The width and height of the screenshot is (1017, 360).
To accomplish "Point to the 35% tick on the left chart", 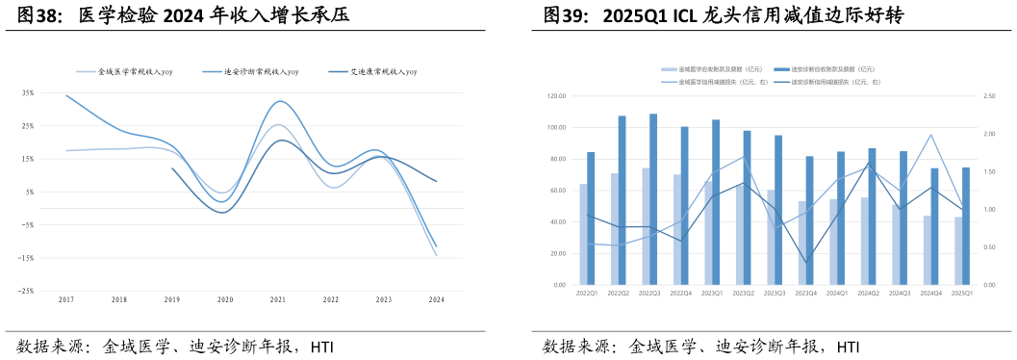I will click(28, 93).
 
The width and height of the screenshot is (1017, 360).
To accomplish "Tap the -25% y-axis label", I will click(27, 291).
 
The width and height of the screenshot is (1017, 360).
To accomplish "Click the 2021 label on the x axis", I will click(278, 300).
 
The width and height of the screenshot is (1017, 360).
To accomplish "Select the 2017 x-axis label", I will click(66, 300).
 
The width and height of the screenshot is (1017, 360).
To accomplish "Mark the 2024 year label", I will click(436, 300).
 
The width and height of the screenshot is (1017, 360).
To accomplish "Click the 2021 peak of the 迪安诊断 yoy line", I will click(279, 101).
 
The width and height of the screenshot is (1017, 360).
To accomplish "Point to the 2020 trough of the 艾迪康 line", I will click(223, 212).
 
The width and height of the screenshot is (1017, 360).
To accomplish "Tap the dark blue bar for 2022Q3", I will click(653, 199).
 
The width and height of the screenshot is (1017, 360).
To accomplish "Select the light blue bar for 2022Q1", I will click(583, 234).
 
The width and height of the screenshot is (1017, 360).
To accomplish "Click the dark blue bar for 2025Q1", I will click(966, 226).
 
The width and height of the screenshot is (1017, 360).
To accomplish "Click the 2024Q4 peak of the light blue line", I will click(930, 135).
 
